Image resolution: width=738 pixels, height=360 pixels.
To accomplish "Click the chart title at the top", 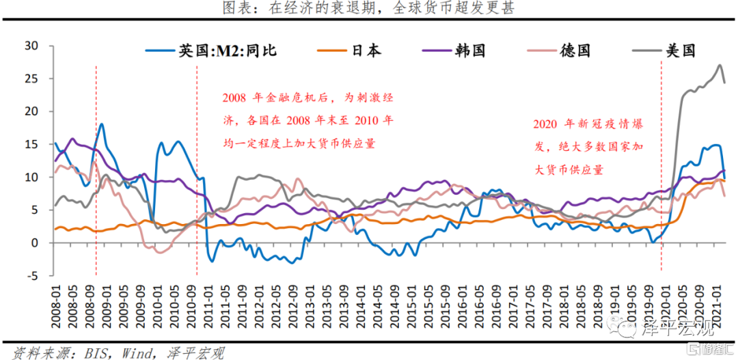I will click(x=369, y=8).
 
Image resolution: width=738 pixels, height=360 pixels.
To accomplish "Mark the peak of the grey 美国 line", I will click(x=720, y=66).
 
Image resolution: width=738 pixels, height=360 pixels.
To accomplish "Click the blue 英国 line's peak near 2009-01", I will click(x=102, y=124).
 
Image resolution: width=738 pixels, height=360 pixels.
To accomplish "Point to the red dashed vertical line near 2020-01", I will click(x=661, y=171).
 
